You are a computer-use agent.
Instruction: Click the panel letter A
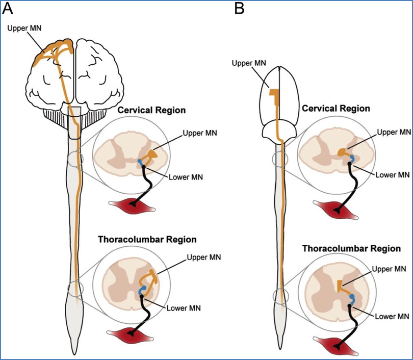[x=9, y=9]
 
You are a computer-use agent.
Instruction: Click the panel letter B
[x=239, y=9]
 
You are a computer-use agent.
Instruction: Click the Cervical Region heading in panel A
[x=151, y=110]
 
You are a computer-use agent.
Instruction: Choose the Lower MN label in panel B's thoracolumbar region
[x=393, y=317]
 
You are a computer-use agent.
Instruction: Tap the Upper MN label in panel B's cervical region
[x=393, y=133]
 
